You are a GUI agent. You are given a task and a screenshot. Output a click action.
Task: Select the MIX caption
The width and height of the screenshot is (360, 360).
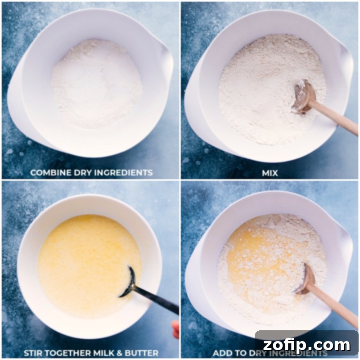(270, 172)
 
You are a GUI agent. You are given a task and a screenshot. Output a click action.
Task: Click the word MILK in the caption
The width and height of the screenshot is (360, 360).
(103, 353)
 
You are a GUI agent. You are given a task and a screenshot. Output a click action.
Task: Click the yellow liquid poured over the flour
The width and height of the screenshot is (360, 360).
(252, 252)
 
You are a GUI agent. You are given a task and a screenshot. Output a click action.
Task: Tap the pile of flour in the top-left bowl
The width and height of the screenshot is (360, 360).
(97, 83)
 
